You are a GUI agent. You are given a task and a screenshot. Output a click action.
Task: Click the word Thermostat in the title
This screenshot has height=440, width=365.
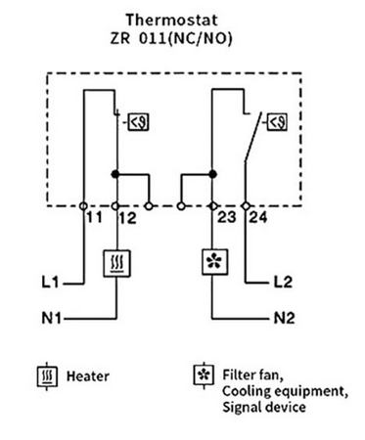183,18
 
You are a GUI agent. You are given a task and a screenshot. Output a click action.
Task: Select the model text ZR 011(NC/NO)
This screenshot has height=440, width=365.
183,37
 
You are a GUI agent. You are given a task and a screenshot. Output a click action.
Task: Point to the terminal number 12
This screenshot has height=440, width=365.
126,218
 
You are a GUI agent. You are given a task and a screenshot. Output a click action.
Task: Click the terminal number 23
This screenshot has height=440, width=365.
223,219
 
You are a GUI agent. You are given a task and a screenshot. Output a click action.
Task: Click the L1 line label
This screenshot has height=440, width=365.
51,285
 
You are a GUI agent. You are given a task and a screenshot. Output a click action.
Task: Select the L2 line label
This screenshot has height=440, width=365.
282,285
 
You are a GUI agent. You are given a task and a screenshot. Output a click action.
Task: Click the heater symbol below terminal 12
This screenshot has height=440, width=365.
116,263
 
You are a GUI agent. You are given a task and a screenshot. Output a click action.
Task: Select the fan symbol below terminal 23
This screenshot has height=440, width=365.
212,264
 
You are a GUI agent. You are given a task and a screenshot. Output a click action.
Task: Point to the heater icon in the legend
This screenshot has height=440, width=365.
45,375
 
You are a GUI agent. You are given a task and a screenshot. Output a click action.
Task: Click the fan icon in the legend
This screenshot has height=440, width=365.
202,375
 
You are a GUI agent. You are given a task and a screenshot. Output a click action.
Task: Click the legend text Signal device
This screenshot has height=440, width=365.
256,406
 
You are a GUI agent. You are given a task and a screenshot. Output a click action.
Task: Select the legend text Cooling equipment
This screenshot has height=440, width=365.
274,391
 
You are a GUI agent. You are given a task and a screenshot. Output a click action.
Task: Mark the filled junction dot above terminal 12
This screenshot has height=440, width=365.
117,174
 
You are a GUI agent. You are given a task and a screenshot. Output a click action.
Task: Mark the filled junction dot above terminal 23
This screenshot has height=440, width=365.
212,174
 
